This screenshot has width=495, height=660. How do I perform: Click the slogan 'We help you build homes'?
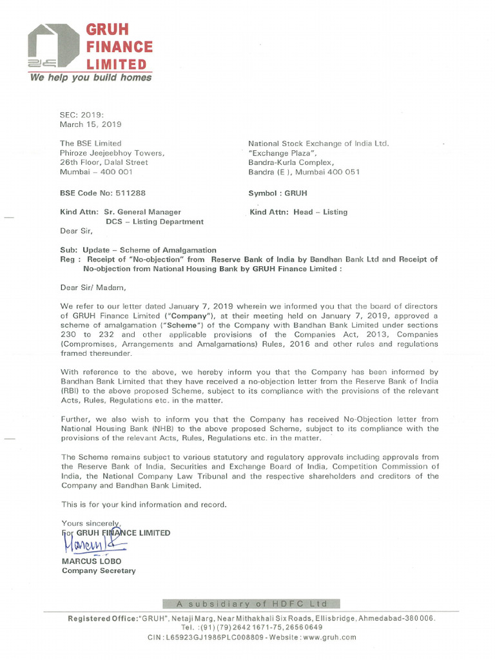90,77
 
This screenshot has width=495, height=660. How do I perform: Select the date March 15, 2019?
90,124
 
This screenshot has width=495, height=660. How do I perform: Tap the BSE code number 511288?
131,193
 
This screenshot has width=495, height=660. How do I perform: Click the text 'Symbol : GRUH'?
278,193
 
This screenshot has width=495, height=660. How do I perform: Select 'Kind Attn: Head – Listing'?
298,211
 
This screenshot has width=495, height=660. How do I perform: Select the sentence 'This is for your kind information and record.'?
144,504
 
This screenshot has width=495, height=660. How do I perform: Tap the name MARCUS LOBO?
91,561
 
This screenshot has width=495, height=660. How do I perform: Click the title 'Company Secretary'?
99,570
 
